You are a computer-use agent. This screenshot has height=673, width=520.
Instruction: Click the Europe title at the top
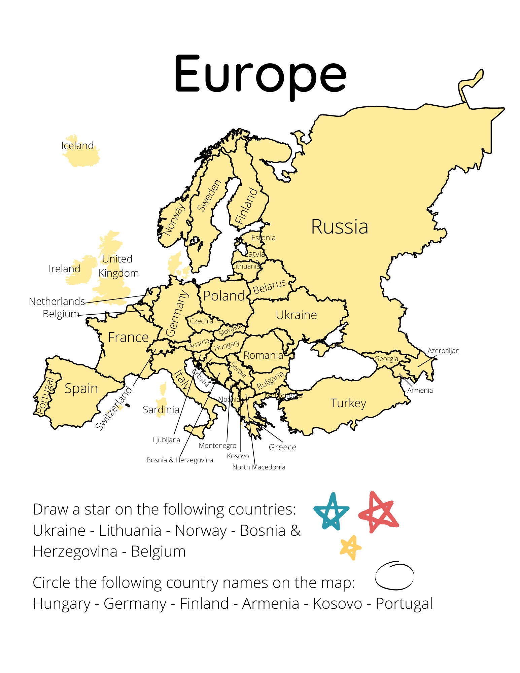coord(260,75)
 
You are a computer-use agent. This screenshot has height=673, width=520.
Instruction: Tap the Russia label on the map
coord(339,226)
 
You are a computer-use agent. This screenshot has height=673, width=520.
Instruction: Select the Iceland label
coord(77,146)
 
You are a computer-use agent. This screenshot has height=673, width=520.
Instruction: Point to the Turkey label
coord(348,403)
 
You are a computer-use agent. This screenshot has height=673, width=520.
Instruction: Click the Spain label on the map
coord(81,388)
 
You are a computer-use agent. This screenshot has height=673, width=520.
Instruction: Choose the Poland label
coord(224,296)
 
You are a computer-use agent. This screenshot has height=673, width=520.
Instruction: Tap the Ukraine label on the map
coord(296,315)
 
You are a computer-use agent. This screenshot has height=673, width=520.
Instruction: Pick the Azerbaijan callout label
coord(443,351)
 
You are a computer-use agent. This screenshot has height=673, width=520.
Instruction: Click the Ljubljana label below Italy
coord(166,440)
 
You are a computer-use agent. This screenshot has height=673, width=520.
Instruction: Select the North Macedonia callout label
coord(258,467)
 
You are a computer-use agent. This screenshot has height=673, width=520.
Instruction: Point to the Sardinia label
coord(161,410)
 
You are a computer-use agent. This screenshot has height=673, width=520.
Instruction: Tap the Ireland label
coord(64,269)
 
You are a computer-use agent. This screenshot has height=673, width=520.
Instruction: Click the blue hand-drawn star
coord(331,512)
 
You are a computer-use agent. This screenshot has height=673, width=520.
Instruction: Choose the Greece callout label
coord(282,447)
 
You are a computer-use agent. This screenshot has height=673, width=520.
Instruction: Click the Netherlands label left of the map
coord(57,301)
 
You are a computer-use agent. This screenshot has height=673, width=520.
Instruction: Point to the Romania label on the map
coord(263,355)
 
